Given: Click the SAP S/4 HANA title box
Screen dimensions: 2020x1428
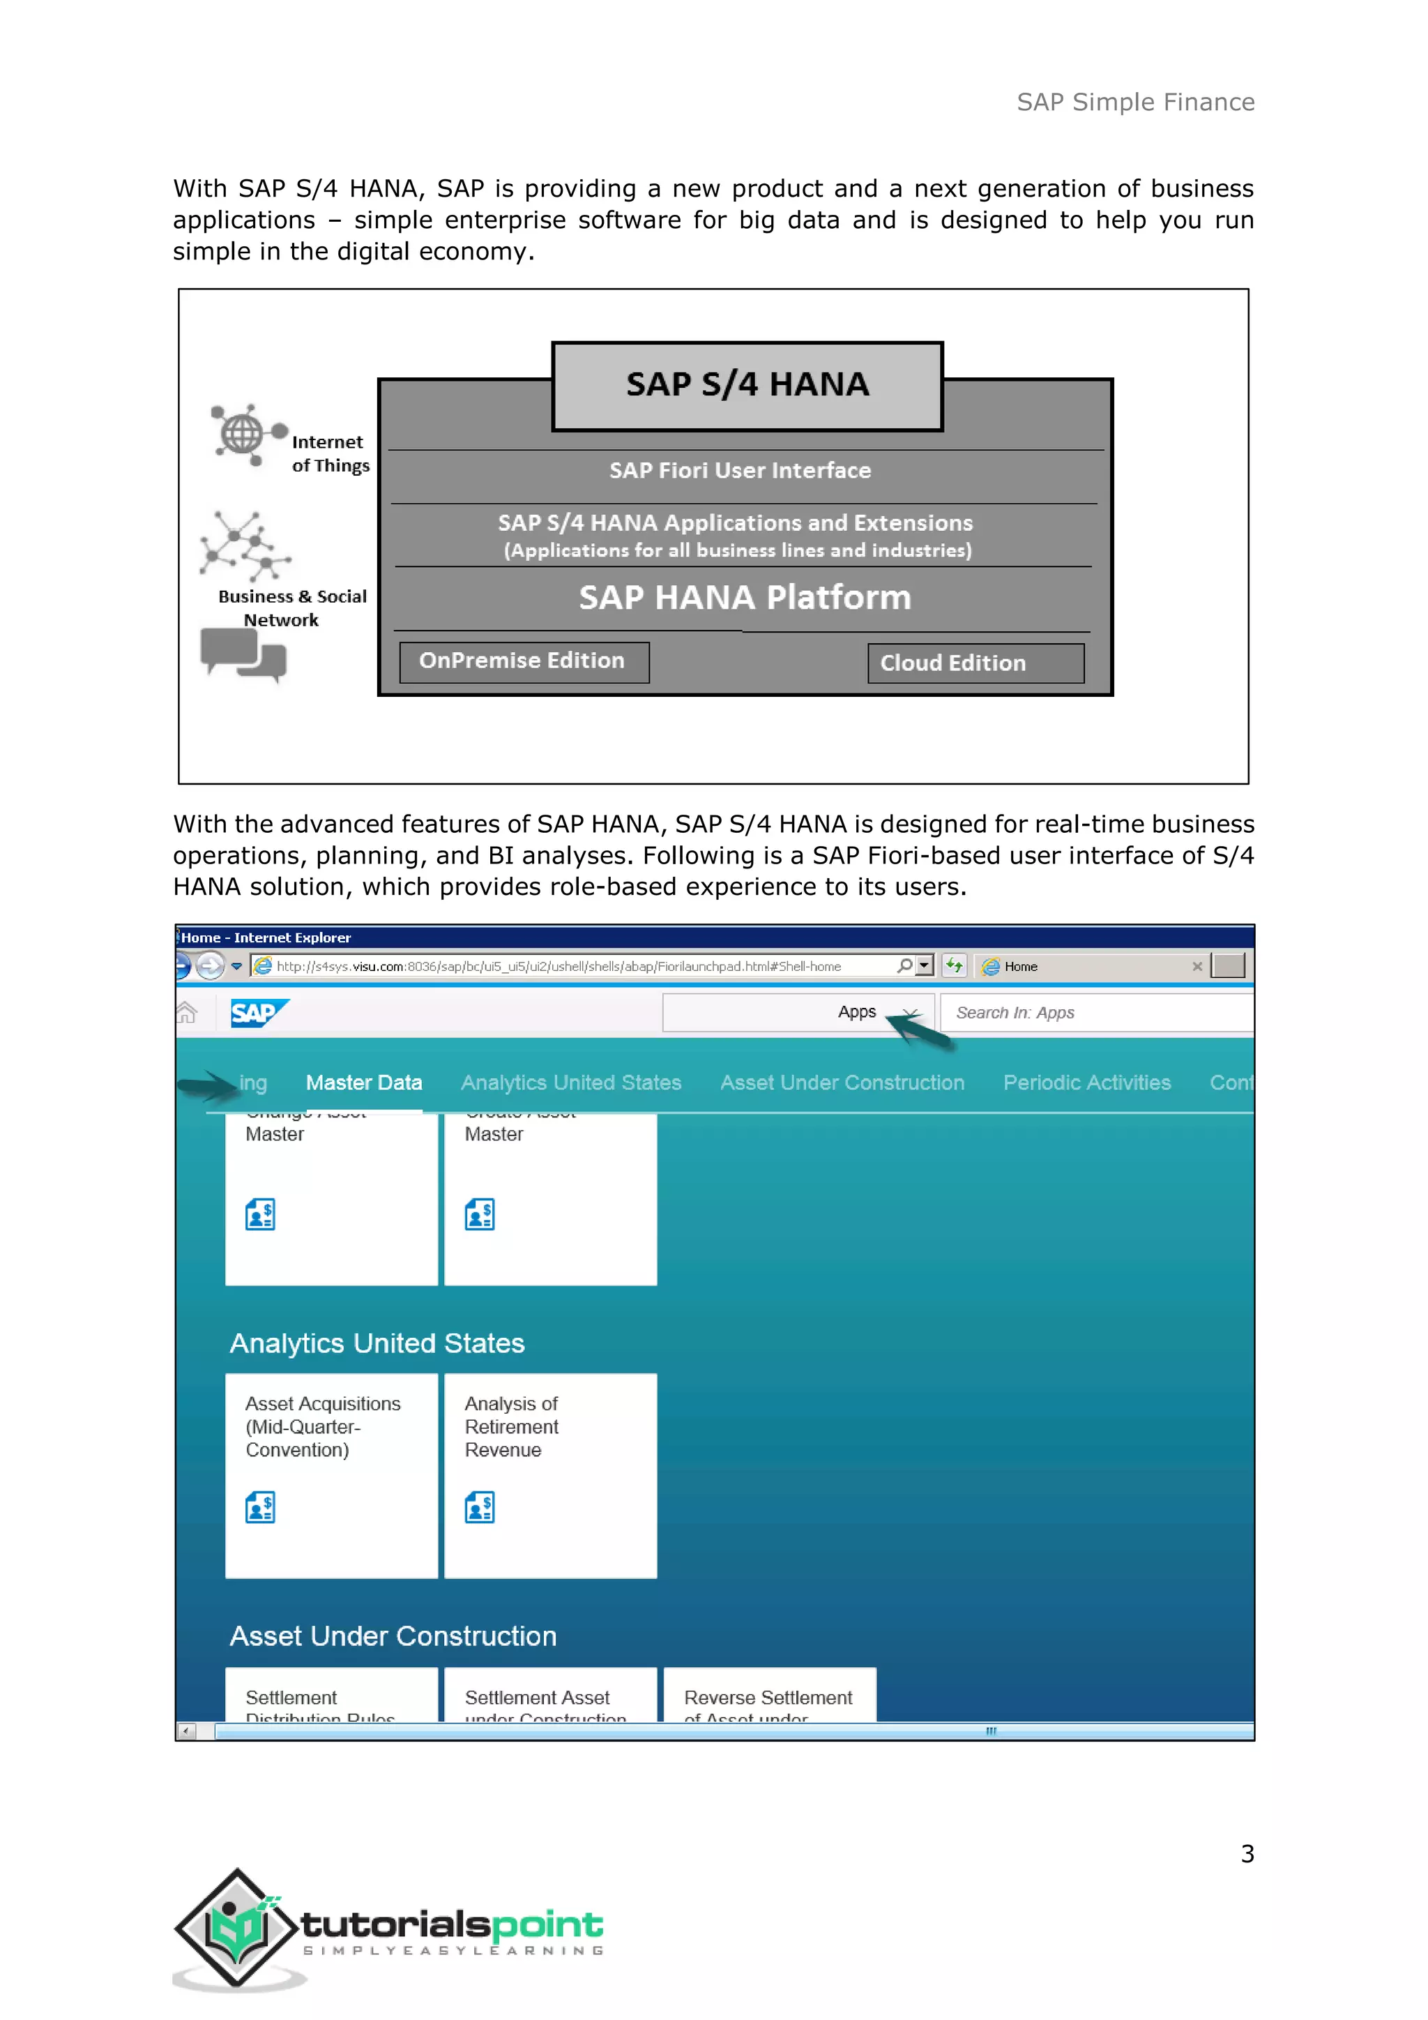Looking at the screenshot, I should click(747, 385).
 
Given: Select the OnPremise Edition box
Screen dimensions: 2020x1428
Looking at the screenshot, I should click(524, 662).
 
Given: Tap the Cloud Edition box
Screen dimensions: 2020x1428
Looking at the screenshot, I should click(975, 663).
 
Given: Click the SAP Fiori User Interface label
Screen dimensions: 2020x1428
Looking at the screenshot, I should click(740, 471).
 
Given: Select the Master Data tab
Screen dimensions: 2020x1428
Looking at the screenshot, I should click(364, 1083).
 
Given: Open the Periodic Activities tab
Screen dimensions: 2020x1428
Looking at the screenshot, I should click(1087, 1083).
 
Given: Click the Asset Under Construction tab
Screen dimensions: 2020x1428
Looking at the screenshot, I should click(842, 1083).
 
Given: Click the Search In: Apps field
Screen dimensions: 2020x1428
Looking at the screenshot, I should click(1095, 1013).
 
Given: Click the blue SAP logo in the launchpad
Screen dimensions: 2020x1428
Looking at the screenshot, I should click(257, 1013).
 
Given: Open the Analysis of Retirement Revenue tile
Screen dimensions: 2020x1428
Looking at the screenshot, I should click(550, 1475).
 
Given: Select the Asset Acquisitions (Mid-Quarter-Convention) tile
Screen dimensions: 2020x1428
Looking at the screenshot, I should click(331, 1475).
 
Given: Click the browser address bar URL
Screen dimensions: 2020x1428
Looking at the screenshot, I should click(559, 966).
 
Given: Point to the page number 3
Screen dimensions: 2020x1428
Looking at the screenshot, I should click(1247, 1854).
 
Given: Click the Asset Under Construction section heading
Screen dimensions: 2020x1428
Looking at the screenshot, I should click(393, 1636).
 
